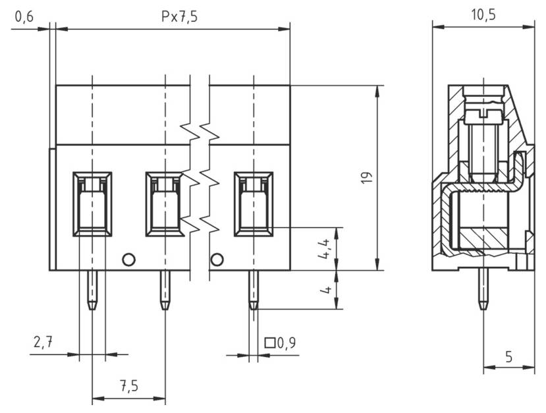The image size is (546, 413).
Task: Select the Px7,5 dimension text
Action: click(x=179, y=17)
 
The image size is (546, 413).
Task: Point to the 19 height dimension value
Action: click(x=367, y=177)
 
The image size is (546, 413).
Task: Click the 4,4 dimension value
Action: click(x=323, y=249)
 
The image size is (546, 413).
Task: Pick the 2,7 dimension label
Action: click(x=43, y=342)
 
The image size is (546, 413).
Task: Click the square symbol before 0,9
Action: click(x=269, y=343)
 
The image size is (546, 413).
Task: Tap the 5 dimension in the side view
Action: click(x=508, y=357)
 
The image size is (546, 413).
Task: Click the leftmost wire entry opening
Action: click(x=92, y=204)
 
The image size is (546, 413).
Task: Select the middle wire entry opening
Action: click(x=164, y=204)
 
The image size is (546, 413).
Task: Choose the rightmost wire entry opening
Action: click(x=254, y=204)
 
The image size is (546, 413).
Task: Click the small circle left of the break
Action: click(x=129, y=260)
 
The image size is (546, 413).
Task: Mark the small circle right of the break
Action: click(x=217, y=260)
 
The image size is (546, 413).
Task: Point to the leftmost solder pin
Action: click(x=92, y=290)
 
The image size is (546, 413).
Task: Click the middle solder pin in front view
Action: click(x=165, y=290)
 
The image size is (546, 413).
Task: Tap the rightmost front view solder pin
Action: click(x=253, y=290)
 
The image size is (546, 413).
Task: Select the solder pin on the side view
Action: click(x=483, y=290)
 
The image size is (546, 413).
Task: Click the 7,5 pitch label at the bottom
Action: click(x=128, y=386)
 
